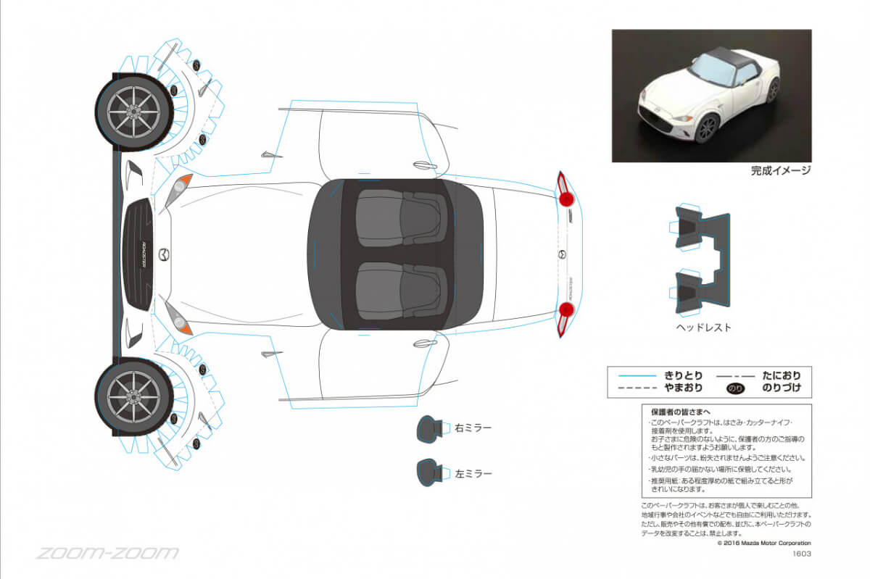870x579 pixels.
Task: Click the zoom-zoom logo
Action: point(107,554)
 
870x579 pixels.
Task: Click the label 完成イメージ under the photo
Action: point(780,171)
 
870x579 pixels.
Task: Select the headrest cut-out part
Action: point(701,260)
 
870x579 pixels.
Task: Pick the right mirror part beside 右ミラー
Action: point(429,428)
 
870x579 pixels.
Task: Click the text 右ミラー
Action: point(473,428)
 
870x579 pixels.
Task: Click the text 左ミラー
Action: point(473,474)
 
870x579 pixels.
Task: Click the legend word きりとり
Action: point(683,375)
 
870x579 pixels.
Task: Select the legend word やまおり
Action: point(683,388)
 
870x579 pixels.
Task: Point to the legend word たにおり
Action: point(782,375)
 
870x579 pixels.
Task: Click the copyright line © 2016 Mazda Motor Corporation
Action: point(763,543)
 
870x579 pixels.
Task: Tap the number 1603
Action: point(801,554)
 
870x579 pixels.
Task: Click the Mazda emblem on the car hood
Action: point(165,254)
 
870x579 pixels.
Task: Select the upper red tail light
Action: point(565,196)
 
